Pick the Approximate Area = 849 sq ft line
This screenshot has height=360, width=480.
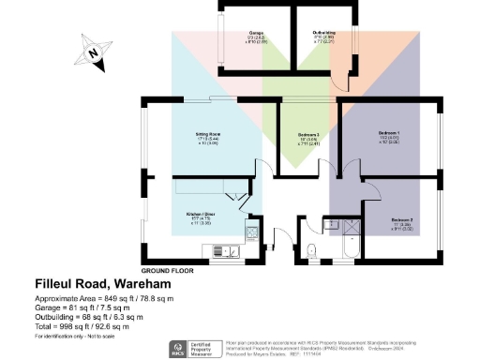(104, 297)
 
